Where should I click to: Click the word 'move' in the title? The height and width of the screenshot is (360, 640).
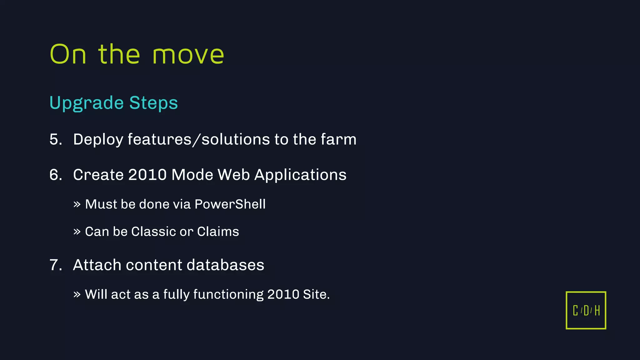188,55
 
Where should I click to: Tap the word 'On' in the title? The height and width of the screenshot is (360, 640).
68,54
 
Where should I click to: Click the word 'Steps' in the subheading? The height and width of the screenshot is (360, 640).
153,103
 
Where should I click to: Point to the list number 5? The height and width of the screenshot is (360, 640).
56,139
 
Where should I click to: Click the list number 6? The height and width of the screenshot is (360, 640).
56,175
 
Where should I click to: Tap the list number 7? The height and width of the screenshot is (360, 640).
56,265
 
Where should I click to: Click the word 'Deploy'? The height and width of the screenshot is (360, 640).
98,140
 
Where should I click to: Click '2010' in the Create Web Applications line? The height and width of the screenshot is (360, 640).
147,175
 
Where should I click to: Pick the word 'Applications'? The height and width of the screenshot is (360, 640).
300,175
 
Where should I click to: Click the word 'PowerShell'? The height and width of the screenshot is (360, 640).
230,204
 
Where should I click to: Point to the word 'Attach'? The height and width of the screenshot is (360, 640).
97,265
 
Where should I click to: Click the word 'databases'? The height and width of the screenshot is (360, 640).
225,265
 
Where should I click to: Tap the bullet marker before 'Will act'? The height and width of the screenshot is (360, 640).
77,294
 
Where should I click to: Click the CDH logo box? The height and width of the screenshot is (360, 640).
586,310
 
